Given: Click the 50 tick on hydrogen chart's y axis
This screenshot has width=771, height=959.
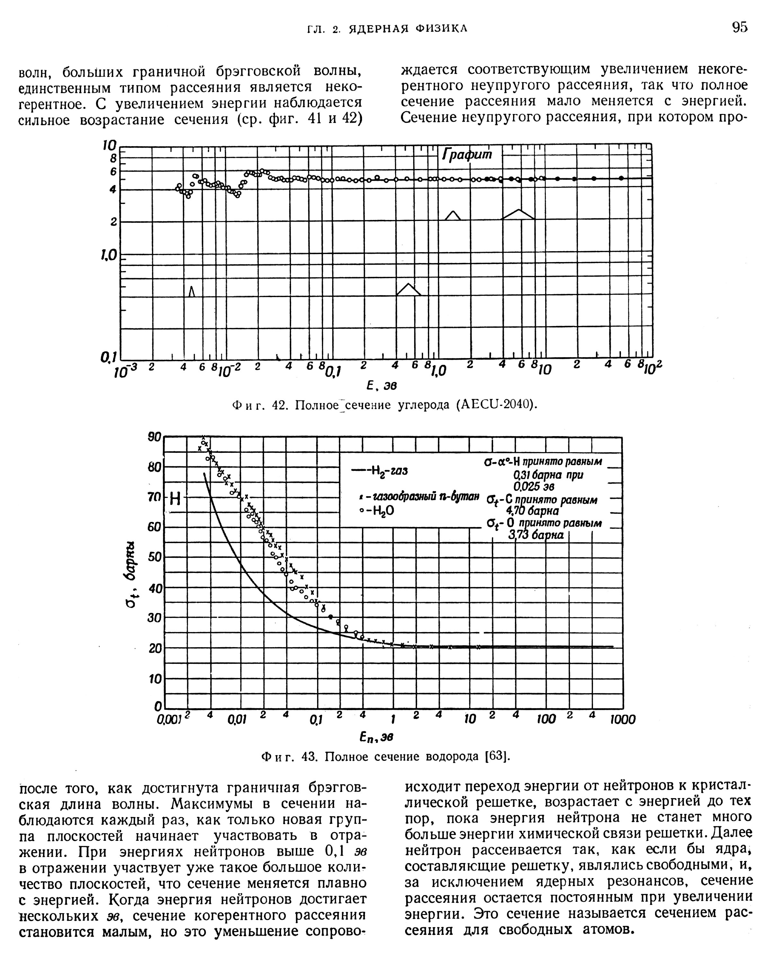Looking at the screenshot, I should tap(154, 557).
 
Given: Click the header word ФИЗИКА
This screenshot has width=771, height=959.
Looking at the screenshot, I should tap(441, 29).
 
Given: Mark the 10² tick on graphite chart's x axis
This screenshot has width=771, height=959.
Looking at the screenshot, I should tap(654, 367).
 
